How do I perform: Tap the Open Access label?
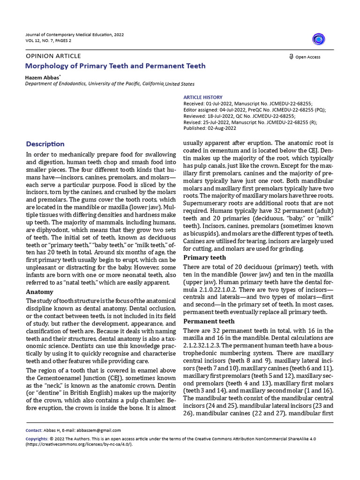coord(308,57)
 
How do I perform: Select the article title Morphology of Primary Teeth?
coord(115,66)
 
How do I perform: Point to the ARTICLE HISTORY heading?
coord(202,97)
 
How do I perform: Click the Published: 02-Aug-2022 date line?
coord(210,127)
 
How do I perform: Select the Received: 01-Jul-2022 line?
coord(247,104)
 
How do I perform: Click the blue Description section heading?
coord(45,144)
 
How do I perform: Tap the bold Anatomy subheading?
coord(39,292)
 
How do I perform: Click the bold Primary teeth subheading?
coord(204,258)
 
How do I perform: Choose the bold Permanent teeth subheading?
coord(209,322)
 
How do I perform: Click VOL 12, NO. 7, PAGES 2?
coord(48,41)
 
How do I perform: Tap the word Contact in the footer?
coord(33,430)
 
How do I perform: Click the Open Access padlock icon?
coord(291,57)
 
